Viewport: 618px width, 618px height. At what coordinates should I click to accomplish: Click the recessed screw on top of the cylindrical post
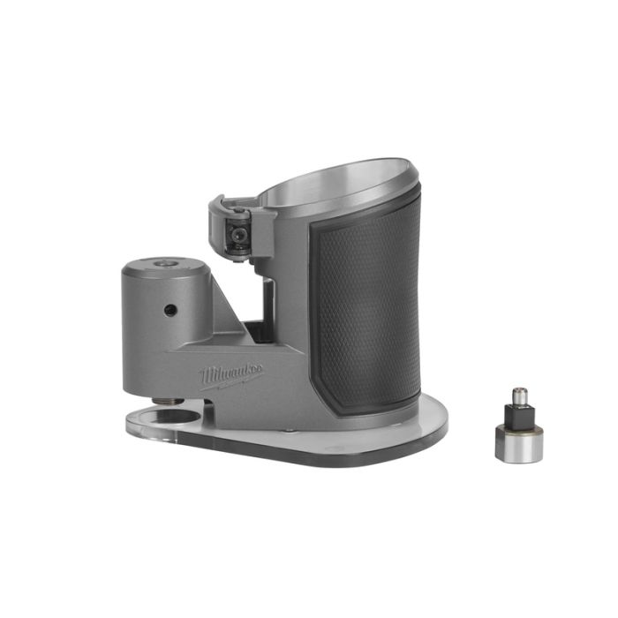click(162, 263)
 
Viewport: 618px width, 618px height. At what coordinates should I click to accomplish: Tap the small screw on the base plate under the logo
click(289, 430)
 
